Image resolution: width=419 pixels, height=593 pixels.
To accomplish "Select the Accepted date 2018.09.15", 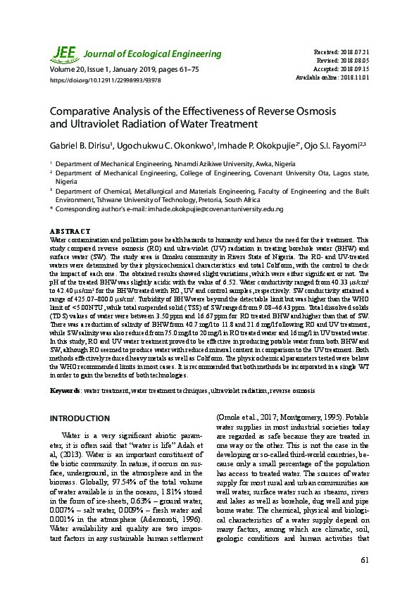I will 359,69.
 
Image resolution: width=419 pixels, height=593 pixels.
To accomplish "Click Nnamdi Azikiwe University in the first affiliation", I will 213,163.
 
